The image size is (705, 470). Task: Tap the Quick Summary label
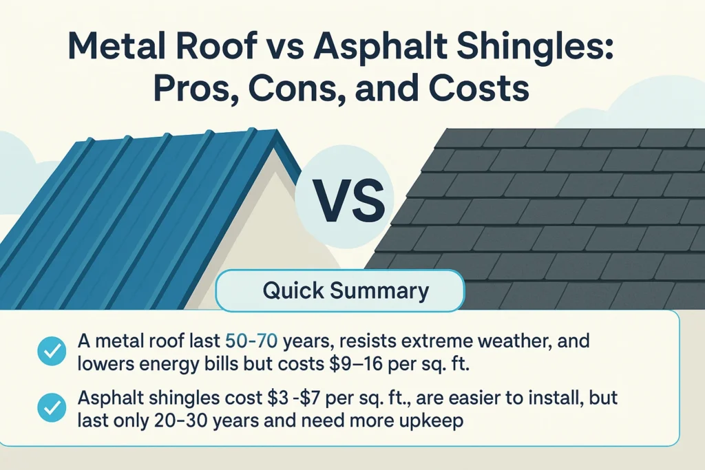click(346, 290)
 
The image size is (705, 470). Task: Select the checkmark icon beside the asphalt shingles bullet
click(50, 409)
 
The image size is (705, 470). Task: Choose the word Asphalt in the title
click(396, 51)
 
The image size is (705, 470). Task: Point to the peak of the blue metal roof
click(274, 130)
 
